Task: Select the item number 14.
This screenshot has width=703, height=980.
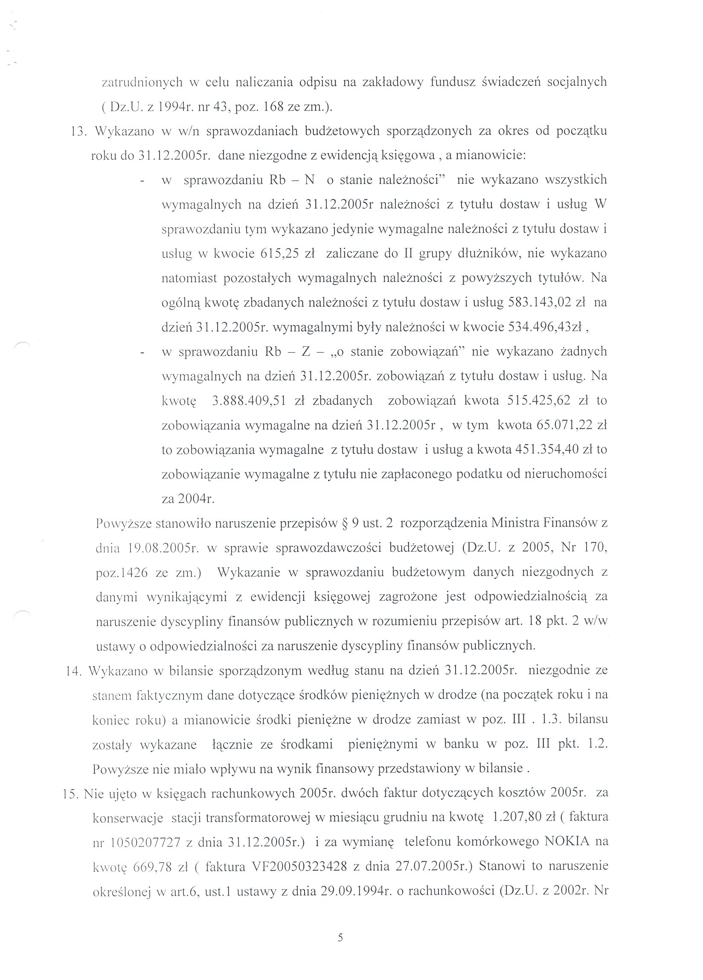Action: point(74,671)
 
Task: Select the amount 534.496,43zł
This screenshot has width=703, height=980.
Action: point(544,327)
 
